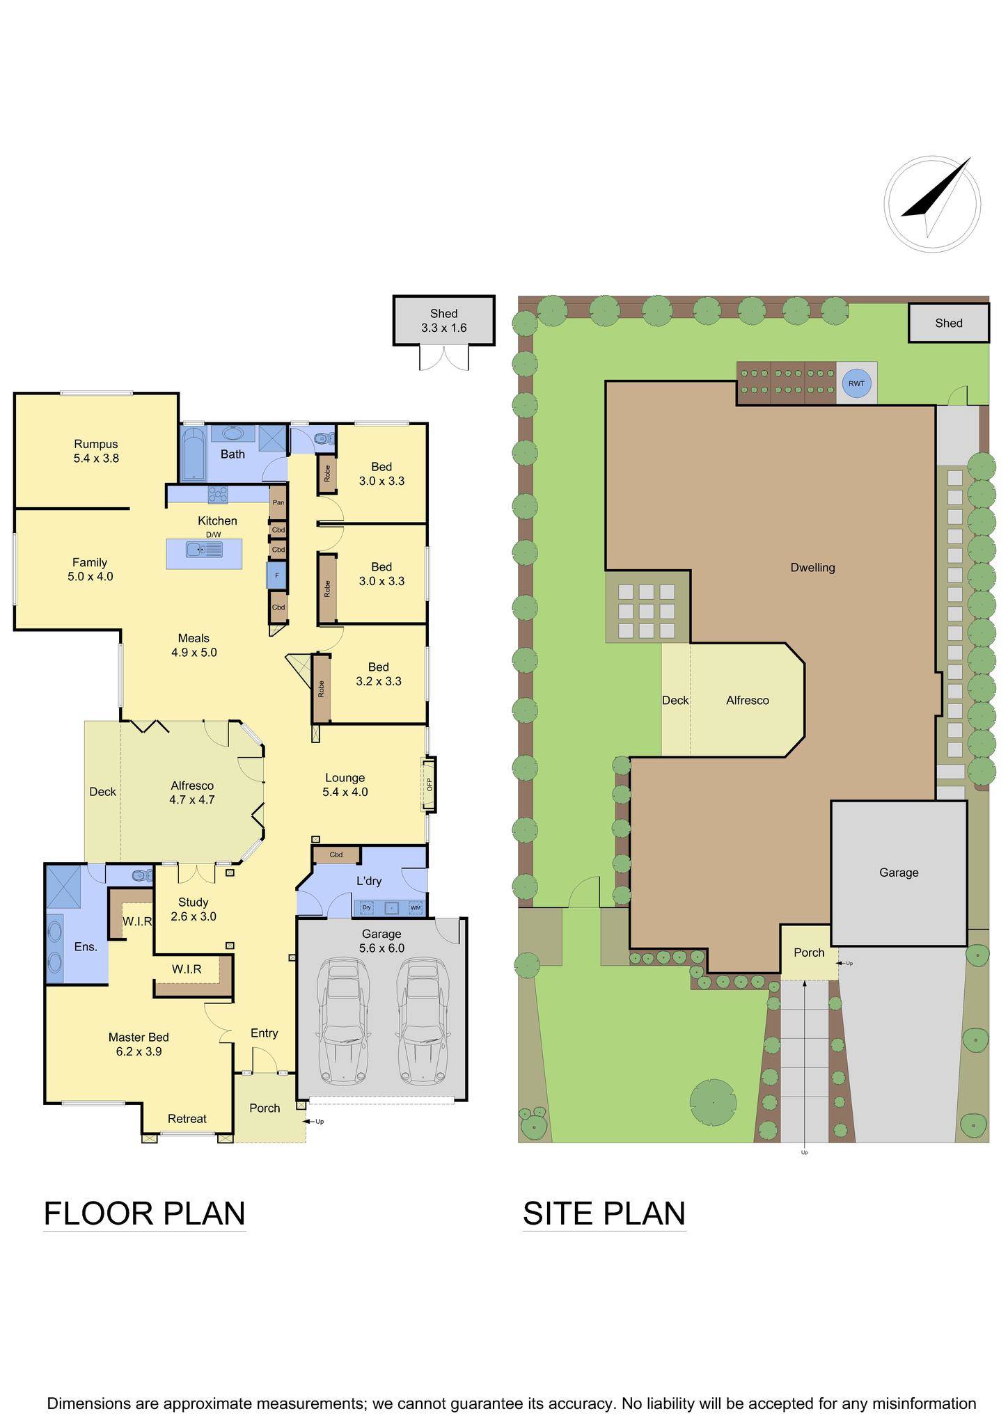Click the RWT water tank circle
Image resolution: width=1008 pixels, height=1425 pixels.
pyautogui.click(x=856, y=383)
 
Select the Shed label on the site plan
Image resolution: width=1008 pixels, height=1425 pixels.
pyautogui.click(x=948, y=323)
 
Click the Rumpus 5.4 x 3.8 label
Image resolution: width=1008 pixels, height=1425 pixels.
pyautogui.click(x=96, y=451)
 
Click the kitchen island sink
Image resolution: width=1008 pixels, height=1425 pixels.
pyautogui.click(x=204, y=550)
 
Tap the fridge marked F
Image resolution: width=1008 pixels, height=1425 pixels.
pyautogui.click(x=276, y=575)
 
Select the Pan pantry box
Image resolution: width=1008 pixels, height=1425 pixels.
pyautogui.click(x=278, y=502)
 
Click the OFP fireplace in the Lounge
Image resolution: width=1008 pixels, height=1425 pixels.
pyautogui.click(x=430, y=784)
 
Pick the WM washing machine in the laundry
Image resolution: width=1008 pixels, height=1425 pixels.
pyautogui.click(x=415, y=907)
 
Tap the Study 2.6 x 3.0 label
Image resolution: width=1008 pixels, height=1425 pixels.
pyautogui.click(x=193, y=909)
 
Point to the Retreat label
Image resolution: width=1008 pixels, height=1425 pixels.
pyautogui.click(x=187, y=1118)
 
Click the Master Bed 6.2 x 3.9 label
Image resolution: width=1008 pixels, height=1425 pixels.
pyautogui.click(x=139, y=1044)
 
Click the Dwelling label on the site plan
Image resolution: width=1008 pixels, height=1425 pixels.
pyautogui.click(x=812, y=567)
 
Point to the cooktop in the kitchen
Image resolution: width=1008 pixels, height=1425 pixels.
pyautogui.click(x=218, y=494)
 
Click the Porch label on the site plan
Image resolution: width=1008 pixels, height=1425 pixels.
pyautogui.click(x=808, y=953)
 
